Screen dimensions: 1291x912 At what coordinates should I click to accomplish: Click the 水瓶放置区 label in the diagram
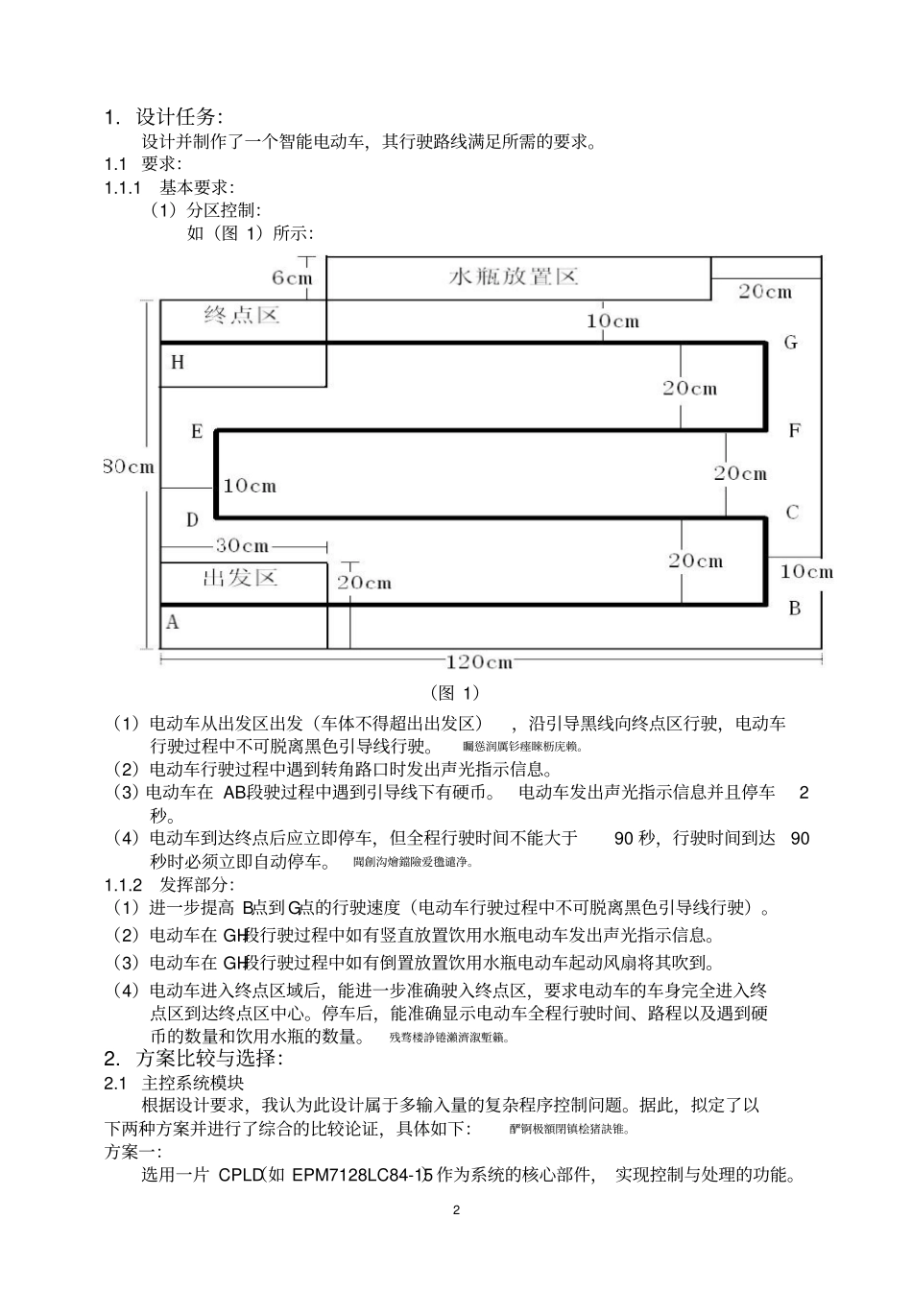tap(515, 277)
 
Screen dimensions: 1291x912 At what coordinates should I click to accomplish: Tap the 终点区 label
tap(242, 315)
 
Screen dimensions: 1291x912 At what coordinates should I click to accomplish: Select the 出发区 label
tap(240, 577)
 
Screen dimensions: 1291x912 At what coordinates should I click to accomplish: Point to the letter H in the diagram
tap(178, 363)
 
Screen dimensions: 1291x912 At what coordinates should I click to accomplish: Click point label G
tap(791, 343)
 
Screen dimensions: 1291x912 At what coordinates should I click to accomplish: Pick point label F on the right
tap(794, 431)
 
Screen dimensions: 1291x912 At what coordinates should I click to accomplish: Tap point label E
tap(197, 432)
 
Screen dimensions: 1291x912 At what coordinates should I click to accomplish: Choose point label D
tap(192, 520)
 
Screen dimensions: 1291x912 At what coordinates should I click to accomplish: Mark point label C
tap(792, 513)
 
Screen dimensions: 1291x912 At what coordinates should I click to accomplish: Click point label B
tap(794, 609)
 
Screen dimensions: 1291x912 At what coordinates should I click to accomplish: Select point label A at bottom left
tap(173, 622)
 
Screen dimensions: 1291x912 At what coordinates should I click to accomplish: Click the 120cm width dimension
tap(479, 662)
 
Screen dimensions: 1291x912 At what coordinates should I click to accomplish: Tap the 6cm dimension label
tap(292, 278)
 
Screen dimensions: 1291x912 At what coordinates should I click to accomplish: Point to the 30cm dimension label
tap(242, 546)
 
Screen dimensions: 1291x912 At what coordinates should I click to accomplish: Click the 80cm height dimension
tap(129, 467)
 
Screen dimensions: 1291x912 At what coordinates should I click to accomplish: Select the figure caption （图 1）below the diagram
tap(455, 693)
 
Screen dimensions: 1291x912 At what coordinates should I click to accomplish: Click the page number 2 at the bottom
tap(456, 1210)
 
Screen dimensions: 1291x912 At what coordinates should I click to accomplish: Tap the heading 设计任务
tap(179, 117)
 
